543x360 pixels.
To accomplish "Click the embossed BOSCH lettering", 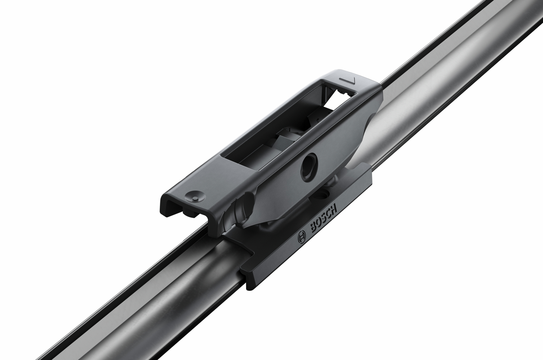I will (x=324, y=218).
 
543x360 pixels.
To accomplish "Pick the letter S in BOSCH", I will (x=325, y=217).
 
